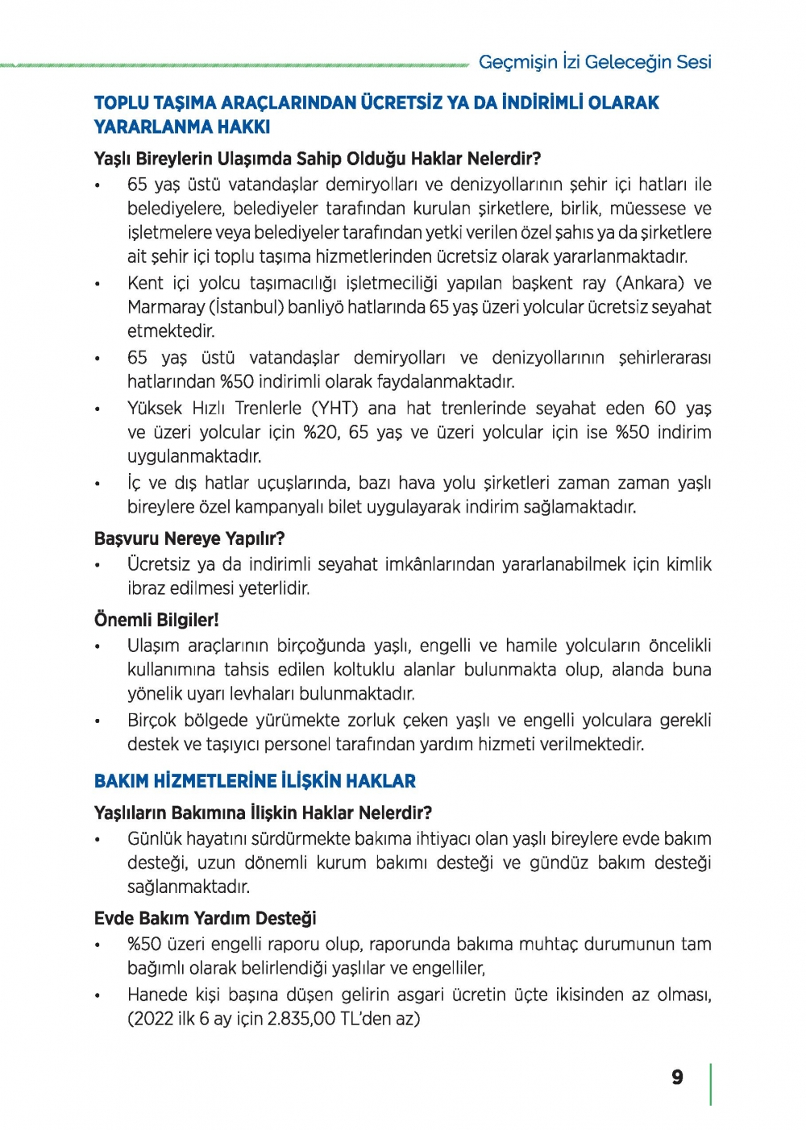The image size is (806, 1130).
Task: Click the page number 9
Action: point(677,1078)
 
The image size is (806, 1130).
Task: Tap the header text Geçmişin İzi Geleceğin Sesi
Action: point(595,62)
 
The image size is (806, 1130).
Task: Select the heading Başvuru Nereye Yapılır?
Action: point(189,538)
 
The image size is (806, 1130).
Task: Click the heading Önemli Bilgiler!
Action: point(156,620)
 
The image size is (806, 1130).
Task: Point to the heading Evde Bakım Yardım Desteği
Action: point(205,918)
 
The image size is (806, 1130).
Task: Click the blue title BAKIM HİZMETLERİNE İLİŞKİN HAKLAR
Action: point(255,781)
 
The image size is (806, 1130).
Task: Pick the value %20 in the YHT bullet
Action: point(321,432)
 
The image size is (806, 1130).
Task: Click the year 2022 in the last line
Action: point(153,1019)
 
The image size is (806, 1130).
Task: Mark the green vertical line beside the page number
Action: point(710,1084)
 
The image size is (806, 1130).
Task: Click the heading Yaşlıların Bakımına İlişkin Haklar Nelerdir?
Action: point(263,812)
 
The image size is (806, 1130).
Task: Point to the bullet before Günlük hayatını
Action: point(98,840)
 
